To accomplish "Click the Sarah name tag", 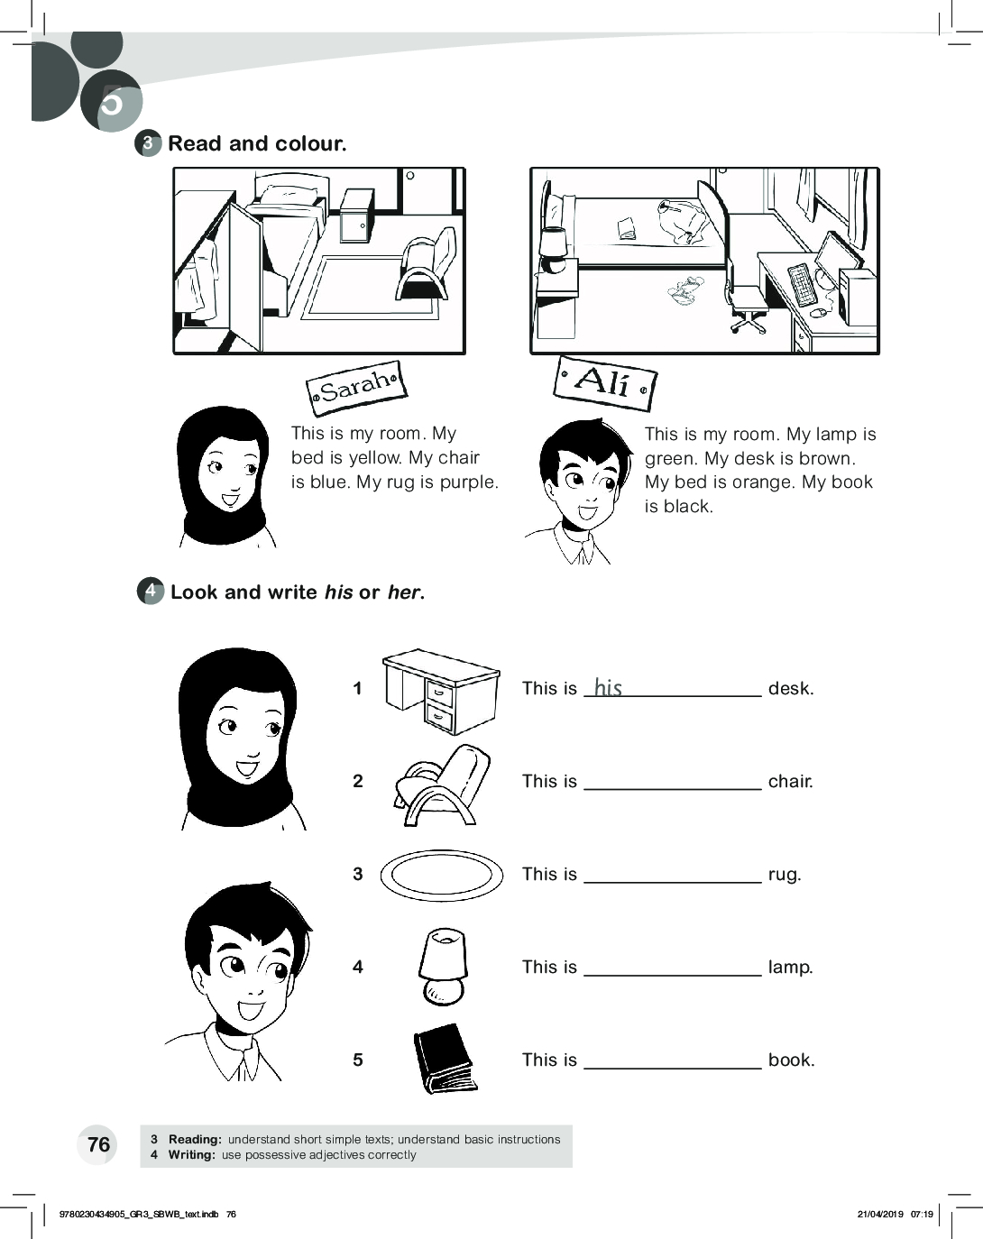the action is coord(357,388).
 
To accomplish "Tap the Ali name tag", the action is coord(604,383).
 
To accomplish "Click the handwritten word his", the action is coord(608,687).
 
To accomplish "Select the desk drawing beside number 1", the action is coord(441,691).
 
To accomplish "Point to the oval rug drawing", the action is coord(441,876).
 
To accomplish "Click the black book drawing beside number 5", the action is coord(445,1060).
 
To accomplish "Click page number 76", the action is coord(98,1144).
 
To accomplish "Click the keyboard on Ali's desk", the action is coord(802,284).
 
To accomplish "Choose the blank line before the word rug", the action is coord(673,882).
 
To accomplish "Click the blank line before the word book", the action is coord(673,1068).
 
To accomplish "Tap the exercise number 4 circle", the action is coord(151,591).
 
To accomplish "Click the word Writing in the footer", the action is coord(192,1154).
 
